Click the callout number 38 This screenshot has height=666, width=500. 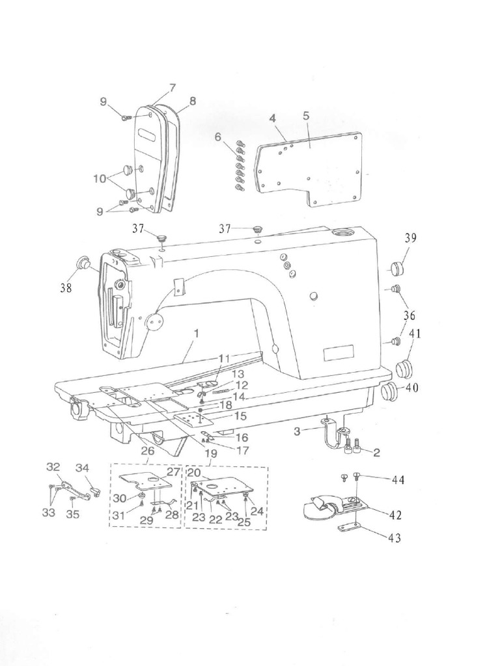(x=66, y=287)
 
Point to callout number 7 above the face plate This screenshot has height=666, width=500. (x=172, y=88)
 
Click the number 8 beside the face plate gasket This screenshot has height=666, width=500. (x=193, y=101)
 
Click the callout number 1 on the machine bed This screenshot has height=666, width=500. (x=195, y=333)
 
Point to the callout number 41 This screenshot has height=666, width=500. (x=415, y=334)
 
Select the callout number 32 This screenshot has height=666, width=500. (x=53, y=466)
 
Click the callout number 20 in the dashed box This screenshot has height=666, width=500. (x=193, y=473)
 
